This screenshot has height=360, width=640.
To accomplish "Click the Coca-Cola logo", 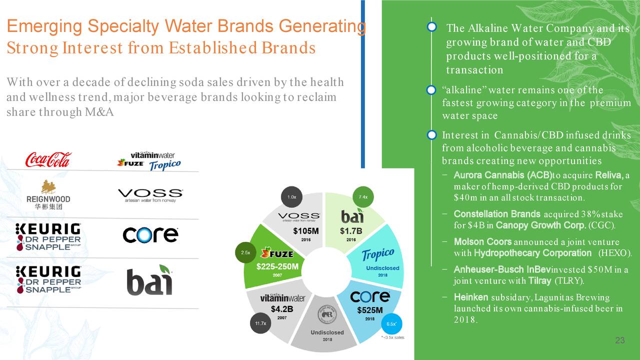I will (x=48, y=159).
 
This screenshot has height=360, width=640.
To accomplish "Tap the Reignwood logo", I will (x=48, y=194).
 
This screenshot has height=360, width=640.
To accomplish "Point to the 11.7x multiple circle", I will (x=260, y=323).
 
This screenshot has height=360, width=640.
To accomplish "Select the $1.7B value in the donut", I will (x=351, y=230).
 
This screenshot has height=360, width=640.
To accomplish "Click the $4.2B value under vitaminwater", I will (x=282, y=308).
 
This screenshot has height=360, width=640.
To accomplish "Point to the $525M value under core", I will (x=370, y=310).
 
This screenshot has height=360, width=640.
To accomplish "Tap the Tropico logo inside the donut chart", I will (x=377, y=254).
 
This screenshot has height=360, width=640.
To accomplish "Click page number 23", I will (x=620, y=341).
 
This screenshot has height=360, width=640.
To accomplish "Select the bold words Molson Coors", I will (x=482, y=241).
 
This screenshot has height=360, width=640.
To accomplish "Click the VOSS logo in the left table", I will (x=150, y=194).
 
